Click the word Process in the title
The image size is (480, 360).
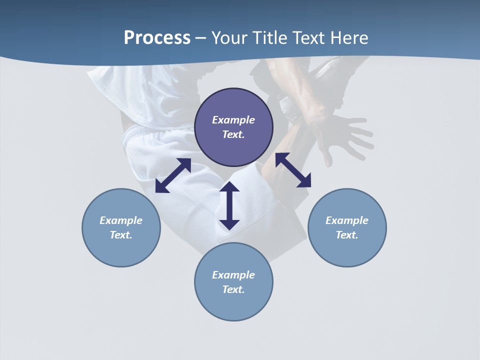pyautogui.click(x=157, y=38)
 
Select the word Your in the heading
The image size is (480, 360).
pyautogui.click(x=230, y=38)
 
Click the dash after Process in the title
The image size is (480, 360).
pyautogui.click(x=201, y=38)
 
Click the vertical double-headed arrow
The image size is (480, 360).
pyautogui.click(x=229, y=205)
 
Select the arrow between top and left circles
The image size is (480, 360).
pyautogui.click(x=173, y=175)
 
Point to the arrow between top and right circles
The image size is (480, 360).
pyautogui.click(x=293, y=170)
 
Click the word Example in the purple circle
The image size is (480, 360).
pyautogui.click(x=233, y=120)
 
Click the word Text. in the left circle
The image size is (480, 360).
pyautogui.click(x=121, y=235)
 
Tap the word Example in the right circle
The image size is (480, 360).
pyautogui.click(x=347, y=220)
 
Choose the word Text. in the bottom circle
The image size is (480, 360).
pyautogui.click(x=233, y=289)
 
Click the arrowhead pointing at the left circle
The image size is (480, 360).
pyautogui.click(x=161, y=187)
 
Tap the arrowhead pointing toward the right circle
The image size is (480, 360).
pyautogui.click(x=304, y=181)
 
